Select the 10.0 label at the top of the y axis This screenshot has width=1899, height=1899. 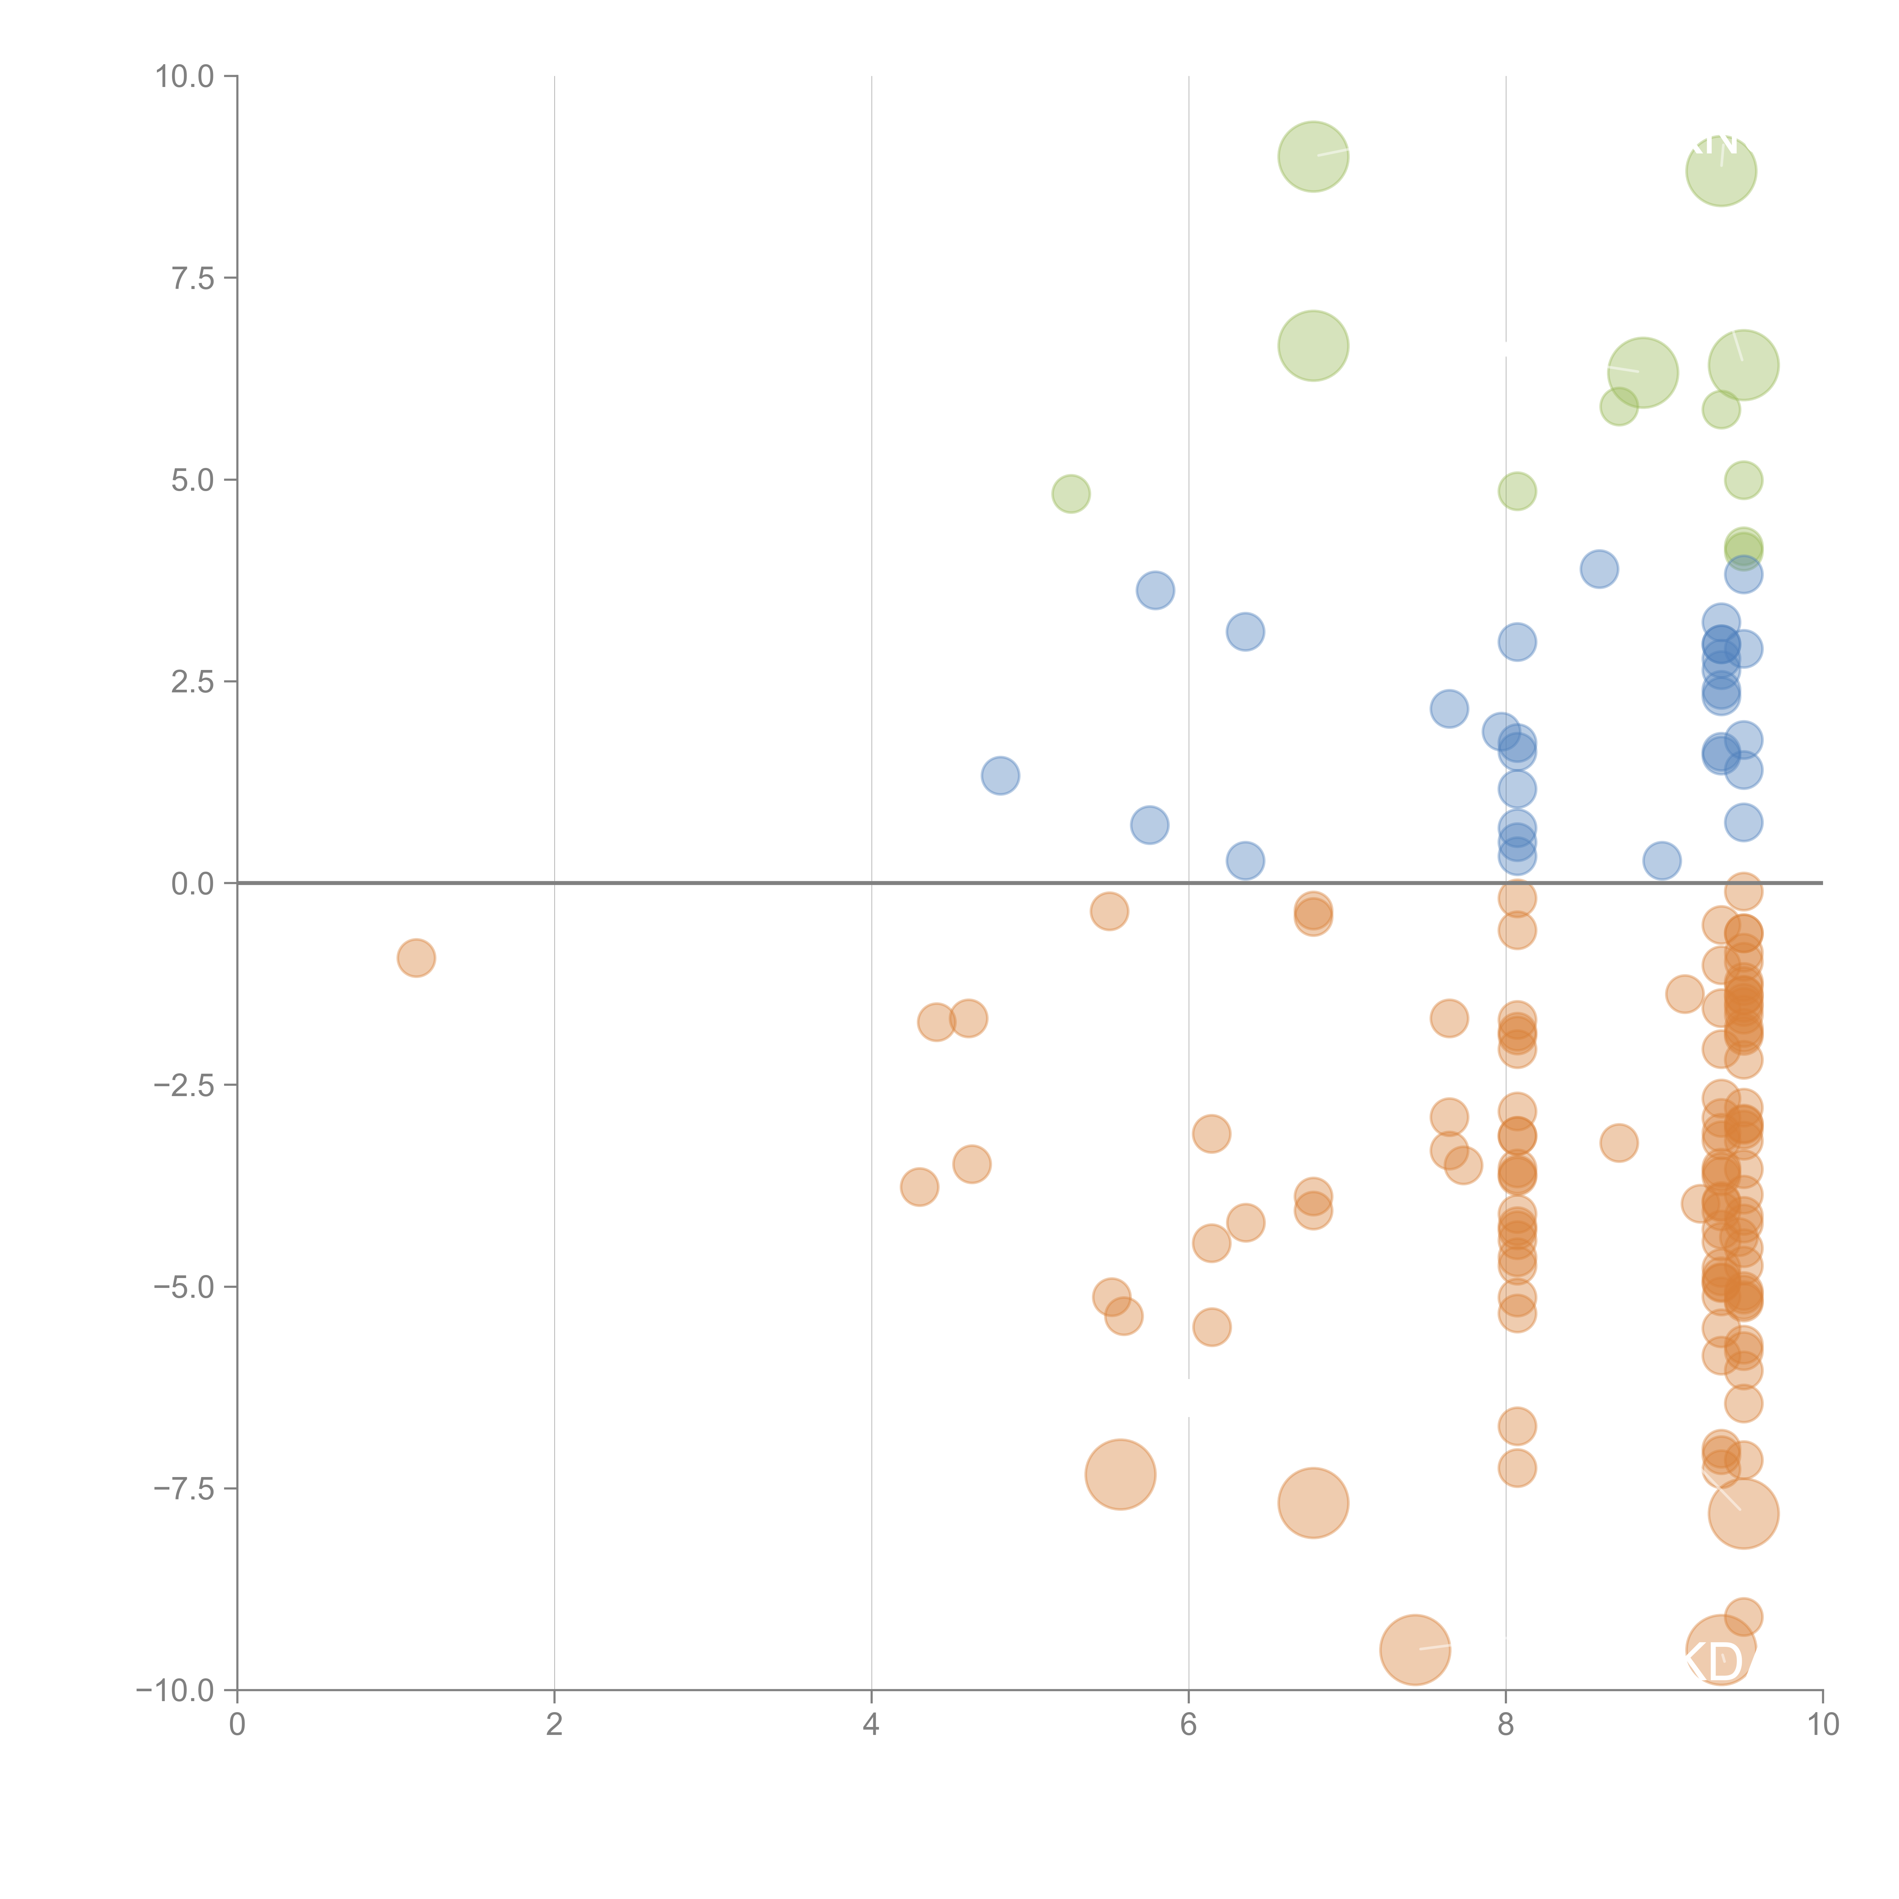pos(185,77)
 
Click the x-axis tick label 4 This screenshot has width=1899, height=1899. pos(871,1724)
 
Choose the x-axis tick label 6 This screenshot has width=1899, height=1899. pos(1188,1724)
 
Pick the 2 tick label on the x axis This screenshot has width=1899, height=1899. pos(555,1724)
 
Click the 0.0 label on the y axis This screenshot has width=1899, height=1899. pos(193,884)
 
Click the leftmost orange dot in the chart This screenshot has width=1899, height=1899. pos(416,957)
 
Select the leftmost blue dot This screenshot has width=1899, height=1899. pos(1000,776)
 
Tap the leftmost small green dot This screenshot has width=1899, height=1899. pos(1070,493)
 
